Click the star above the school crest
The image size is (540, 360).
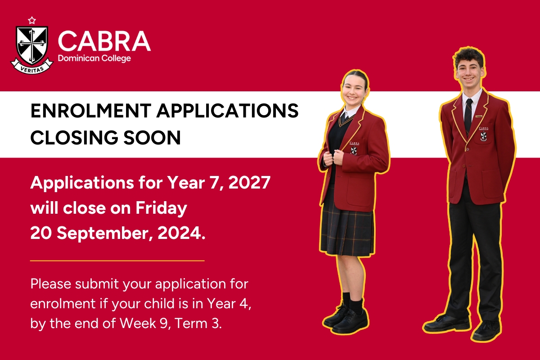point(32,20)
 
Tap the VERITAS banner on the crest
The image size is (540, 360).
point(31,67)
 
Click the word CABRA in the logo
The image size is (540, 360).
point(104,41)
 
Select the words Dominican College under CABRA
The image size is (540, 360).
point(94,58)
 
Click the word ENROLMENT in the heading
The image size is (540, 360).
point(90,111)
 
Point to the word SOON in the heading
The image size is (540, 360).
point(152,137)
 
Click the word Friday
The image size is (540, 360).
point(161,208)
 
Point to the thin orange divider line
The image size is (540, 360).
point(117,261)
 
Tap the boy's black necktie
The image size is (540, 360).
point(468,116)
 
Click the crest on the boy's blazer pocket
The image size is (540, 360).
point(483,136)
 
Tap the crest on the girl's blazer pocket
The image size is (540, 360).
point(354,150)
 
